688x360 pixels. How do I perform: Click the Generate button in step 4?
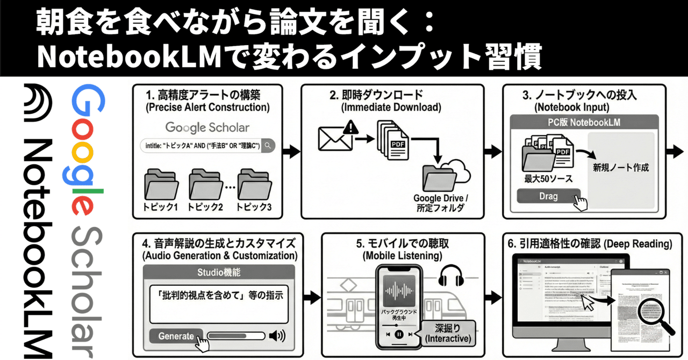coord(176,336)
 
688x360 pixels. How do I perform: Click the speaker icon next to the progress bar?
coord(277,336)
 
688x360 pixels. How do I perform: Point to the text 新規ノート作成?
coord(621,168)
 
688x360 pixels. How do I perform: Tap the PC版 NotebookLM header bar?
coord(584,122)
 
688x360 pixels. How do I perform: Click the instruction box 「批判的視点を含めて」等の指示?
coord(221,294)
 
